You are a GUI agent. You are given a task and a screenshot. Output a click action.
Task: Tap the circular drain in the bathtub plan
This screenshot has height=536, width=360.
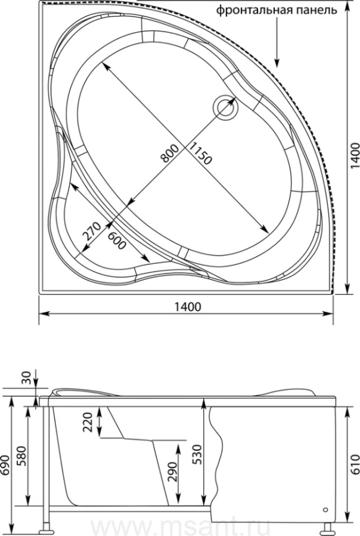(x=225, y=107)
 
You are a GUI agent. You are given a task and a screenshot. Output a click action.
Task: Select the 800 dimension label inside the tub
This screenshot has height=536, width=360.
(x=170, y=153)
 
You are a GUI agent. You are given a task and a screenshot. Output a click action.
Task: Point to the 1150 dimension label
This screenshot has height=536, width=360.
(x=200, y=153)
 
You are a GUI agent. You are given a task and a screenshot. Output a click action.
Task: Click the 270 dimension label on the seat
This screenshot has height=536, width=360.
(x=92, y=232)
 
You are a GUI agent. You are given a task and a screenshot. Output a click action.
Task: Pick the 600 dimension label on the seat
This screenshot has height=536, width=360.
(x=117, y=241)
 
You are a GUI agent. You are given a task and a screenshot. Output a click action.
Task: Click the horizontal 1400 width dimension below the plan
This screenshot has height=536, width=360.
(x=188, y=307)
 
